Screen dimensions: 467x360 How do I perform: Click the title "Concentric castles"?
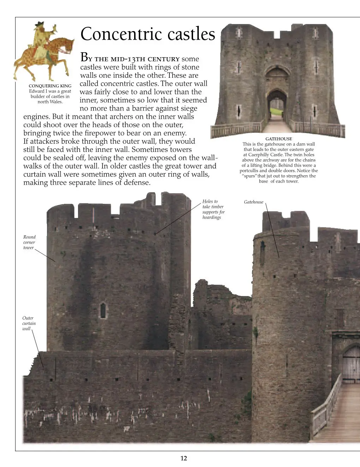(x=148, y=34)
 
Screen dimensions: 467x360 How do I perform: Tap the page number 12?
(x=184, y=459)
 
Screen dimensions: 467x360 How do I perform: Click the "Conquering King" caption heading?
(x=50, y=86)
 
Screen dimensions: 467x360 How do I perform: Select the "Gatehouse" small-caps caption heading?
(x=278, y=139)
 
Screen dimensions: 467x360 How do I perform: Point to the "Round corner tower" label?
(x=29, y=242)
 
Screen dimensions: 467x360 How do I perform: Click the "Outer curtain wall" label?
(x=29, y=323)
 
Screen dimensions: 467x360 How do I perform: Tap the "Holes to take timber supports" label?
(x=213, y=209)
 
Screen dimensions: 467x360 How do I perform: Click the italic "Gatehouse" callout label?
(x=253, y=202)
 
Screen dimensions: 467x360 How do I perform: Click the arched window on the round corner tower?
(x=103, y=311)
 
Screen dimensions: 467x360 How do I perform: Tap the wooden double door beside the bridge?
(x=351, y=364)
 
